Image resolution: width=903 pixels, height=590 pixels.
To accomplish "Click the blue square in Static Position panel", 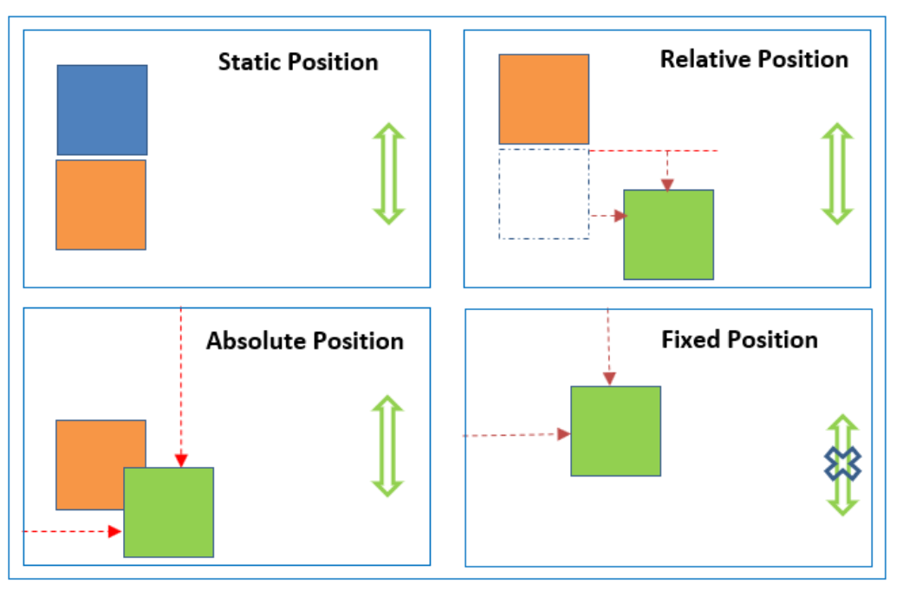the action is click(x=102, y=110).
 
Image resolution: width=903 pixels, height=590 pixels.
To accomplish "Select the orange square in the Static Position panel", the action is click(x=101, y=205).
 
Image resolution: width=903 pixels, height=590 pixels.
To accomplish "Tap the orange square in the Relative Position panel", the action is click(x=543, y=99).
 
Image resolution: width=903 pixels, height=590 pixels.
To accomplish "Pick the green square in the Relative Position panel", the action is click(x=669, y=235).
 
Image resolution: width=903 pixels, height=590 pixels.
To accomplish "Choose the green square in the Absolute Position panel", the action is click(x=169, y=512).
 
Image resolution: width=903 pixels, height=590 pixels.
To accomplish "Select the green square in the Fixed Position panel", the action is click(x=615, y=431).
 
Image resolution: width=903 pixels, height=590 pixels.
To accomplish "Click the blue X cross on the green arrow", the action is click(x=842, y=464).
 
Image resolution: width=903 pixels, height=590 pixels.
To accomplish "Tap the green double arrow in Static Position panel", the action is click(x=389, y=173).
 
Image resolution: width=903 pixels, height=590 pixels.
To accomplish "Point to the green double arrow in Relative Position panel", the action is click(x=837, y=173).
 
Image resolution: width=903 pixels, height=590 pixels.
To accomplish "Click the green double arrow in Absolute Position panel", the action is click(x=387, y=446).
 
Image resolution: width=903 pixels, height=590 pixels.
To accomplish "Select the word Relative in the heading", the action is click(x=705, y=59).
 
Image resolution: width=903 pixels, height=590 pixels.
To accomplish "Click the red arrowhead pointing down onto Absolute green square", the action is click(x=181, y=461).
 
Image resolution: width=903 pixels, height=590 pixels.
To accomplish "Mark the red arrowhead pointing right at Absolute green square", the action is click(x=115, y=531).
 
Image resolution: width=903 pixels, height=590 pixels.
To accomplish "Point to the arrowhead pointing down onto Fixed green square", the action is click(x=609, y=379).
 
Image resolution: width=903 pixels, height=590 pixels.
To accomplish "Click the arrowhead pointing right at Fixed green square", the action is click(x=564, y=434).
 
